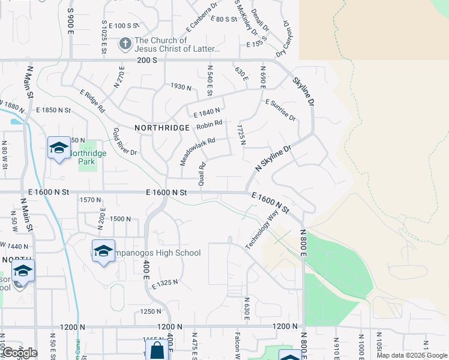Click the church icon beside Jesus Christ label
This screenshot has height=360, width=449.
pyautogui.click(x=125, y=44)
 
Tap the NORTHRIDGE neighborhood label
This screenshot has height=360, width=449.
pyautogui.click(x=162, y=128)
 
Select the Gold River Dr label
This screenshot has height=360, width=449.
pyautogui.click(x=125, y=142)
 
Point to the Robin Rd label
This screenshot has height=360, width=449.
pyautogui.click(x=209, y=125)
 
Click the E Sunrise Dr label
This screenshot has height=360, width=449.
pyautogui.click(x=280, y=110)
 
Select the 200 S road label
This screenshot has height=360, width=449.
pyautogui.click(x=146, y=61)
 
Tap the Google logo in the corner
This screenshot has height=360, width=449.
pyautogui.click(x=19, y=353)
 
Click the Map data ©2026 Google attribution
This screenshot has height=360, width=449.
pyautogui.click(x=411, y=355)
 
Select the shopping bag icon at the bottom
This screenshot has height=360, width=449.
pyautogui.click(x=157, y=350)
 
